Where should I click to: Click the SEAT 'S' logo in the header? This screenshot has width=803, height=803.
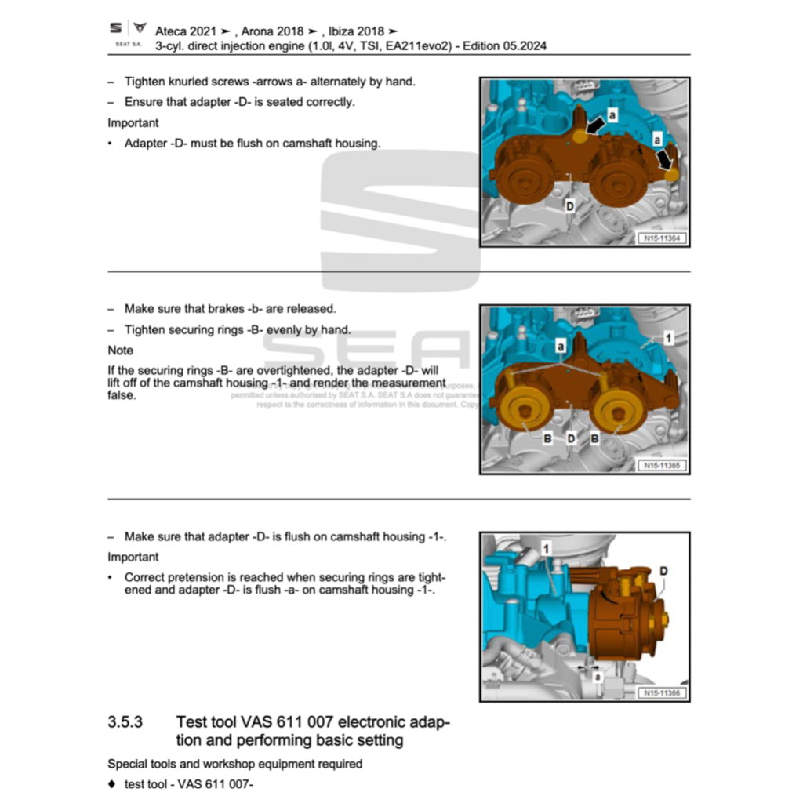pyautogui.click(x=115, y=28)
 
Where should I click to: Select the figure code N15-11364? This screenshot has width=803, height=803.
pyautogui.click(x=662, y=238)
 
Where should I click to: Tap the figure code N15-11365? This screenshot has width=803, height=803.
pyautogui.click(x=662, y=466)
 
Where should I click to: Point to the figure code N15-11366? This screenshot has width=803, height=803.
pyautogui.click(x=662, y=693)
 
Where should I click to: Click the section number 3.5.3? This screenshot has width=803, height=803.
pyautogui.click(x=125, y=721)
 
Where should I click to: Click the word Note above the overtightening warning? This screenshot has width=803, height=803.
pyautogui.click(x=121, y=351)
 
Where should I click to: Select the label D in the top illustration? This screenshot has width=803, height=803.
pyautogui.click(x=570, y=205)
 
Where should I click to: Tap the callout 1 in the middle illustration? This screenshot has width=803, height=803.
pyautogui.click(x=668, y=338)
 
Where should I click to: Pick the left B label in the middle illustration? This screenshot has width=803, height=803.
pyautogui.click(x=547, y=439)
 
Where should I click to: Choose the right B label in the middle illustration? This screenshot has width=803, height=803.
pyautogui.click(x=595, y=439)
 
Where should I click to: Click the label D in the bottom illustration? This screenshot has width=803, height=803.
pyautogui.click(x=663, y=572)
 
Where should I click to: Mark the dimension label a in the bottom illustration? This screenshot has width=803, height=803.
pyautogui.click(x=598, y=675)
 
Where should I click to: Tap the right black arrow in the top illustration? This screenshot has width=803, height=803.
pyautogui.click(x=666, y=159)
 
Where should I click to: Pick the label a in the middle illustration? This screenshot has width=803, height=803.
pyautogui.click(x=561, y=345)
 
